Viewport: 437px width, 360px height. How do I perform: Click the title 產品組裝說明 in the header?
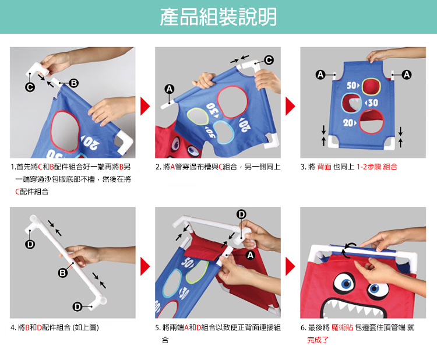click(x=218, y=17)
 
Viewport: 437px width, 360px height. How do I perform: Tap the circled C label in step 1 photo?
click(x=30, y=87)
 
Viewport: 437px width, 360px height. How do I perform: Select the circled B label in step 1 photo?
click(x=73, y=83)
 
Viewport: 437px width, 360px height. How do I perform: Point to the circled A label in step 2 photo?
click(x=170, y=89)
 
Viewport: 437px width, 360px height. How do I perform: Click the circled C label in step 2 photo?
click(x=269, y=60)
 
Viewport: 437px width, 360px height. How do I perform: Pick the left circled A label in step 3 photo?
click(x=320, y=75)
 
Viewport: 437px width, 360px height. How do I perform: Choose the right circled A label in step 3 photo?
click(x=407, y=75)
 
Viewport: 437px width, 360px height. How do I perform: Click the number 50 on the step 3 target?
click(x=352, y=85)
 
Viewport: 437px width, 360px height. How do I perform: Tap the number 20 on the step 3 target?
click(x=348, y=122)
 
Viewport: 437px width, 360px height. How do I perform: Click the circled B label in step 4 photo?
click(x=63, y=273)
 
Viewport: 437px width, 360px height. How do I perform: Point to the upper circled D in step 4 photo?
click(x=30, y=244)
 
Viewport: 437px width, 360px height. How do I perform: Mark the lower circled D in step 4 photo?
click(x=77, y=307)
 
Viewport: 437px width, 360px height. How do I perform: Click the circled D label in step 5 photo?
click(x=241, y=214)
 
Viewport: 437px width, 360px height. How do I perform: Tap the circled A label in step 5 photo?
click(x=250, y=255)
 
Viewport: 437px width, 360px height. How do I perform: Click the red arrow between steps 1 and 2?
click(x=145, y=106)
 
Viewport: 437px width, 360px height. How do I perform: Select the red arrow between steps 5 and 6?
click(x=290, y=266)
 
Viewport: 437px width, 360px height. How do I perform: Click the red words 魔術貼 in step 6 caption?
click(x=342, y=328)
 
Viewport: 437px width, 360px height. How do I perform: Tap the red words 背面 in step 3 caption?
click(x=324, y=167)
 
